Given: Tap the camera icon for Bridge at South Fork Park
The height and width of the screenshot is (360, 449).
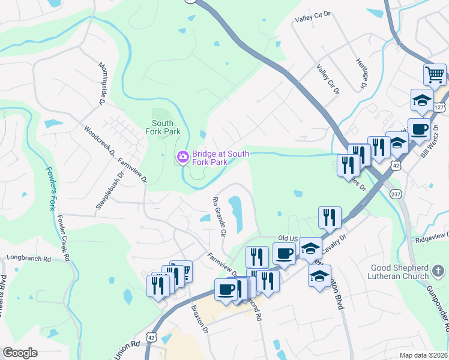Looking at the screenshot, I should (x=182, y=157).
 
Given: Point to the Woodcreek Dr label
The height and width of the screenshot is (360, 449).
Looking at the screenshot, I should (x=100, y=141).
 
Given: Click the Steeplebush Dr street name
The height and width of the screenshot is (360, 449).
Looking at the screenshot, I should (x=109, y=191).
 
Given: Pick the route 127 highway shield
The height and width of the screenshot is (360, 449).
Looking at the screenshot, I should (x=439, y=107).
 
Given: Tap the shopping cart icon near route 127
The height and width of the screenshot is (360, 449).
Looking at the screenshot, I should (x=435, y=75).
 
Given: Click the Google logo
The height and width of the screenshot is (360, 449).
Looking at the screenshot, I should (x=20, y=353).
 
